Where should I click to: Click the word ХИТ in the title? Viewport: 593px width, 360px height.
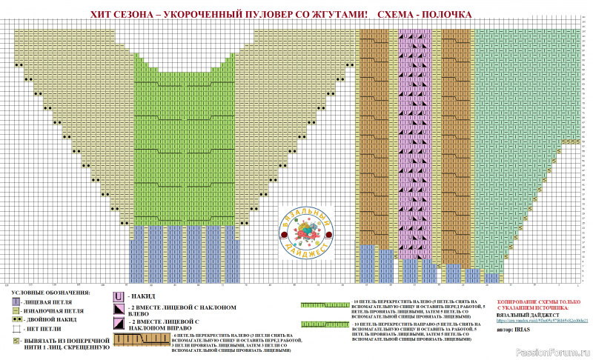coord(99,14)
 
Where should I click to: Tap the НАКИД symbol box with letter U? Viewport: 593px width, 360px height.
coord(119,296)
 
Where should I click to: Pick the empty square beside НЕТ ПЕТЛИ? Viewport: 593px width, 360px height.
coord(16,329)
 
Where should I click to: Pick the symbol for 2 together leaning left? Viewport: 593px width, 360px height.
coord(119,309)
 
